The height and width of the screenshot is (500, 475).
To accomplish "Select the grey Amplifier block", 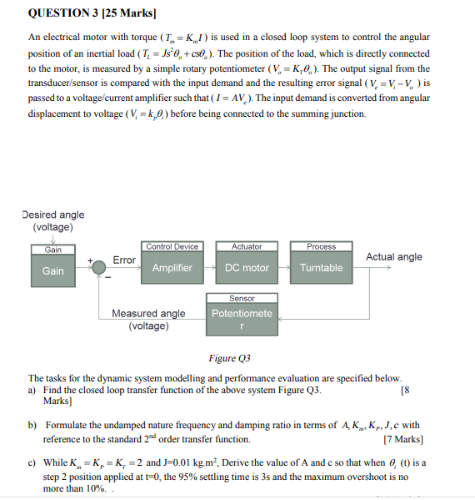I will coord(172,268).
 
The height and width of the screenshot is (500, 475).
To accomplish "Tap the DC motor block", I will coord(247,268).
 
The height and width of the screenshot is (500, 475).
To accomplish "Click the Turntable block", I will coord(321,268).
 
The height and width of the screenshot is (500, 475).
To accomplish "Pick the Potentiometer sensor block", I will coord(242,319).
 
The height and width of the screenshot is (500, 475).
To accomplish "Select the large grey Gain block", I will coord(52,270).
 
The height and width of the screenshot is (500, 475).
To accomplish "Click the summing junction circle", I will coord(99,266).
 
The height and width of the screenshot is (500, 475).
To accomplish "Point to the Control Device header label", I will coord(172,246).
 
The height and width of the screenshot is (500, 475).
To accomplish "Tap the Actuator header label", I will coord(247,246).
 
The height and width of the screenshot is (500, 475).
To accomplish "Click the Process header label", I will coord(321,246).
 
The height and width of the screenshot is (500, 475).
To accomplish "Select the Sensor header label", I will coord(242,298).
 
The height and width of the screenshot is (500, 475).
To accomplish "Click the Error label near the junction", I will coord(124,260).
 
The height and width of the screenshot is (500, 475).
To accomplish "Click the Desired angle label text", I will coord(52,215).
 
